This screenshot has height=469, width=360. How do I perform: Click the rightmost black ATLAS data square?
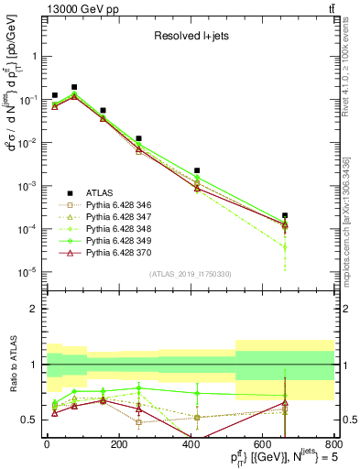tap(286, 216)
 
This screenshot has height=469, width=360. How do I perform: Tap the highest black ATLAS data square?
tap(74, 87)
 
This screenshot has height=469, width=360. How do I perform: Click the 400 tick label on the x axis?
tap(191, 446)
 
